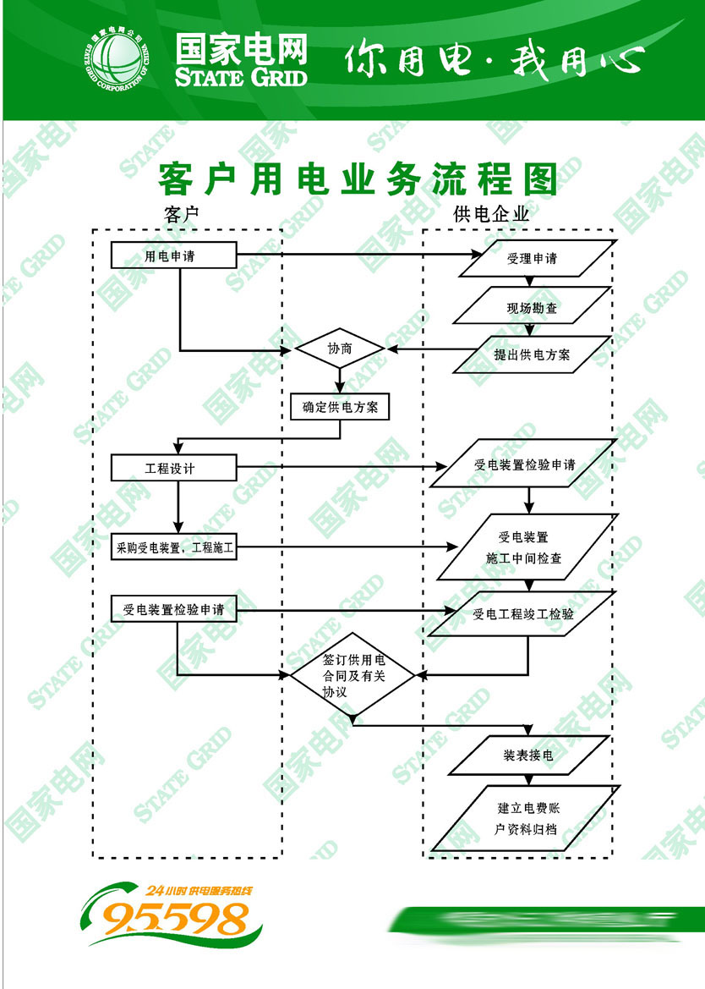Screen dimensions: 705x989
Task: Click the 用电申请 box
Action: (173, 255)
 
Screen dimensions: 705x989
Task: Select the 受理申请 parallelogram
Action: (533, 259)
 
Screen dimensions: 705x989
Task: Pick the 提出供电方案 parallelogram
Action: (532, 354)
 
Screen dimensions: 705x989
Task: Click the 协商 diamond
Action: (339, 349)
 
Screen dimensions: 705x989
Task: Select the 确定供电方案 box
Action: (340, 407)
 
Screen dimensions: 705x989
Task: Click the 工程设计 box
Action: (173, 468)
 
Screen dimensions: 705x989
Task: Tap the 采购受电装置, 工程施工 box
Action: (174, 547)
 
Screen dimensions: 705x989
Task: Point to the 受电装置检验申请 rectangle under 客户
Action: (173, 609)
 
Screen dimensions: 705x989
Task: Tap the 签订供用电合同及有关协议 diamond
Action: (352, 675)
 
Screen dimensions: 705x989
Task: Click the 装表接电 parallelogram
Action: (528, 755)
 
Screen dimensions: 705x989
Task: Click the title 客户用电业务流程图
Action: (358, 179)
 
